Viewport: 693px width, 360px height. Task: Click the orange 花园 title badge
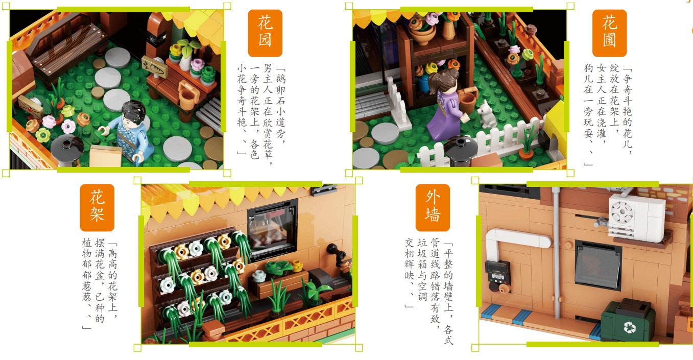click(265, 33)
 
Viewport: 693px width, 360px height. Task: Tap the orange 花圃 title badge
click(609, 33)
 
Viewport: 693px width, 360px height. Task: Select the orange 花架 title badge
click(97, 207)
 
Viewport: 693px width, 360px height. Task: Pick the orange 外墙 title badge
click(433, 207)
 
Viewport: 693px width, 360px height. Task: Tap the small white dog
click(487, 114)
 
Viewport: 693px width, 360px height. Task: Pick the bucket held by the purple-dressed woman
click(468, 100)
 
